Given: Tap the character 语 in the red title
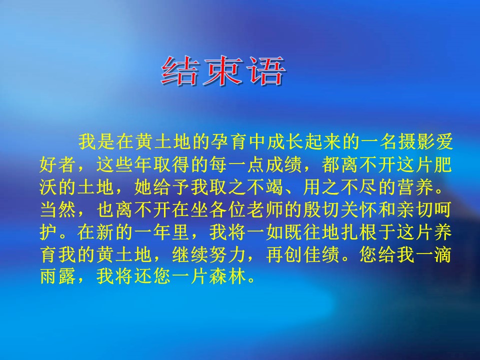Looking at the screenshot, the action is click(266, 71).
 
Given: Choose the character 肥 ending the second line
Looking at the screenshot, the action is click(443, 164).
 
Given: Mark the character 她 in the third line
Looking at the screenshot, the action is click(143, 187).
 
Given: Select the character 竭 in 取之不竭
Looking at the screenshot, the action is click(275, 187).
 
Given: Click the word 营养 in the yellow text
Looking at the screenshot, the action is click(416, 187).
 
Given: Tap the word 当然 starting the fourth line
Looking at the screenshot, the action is click(58, 209).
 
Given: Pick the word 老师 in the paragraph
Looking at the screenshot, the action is click(265, 209).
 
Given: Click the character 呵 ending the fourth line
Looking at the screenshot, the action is click(443, 209).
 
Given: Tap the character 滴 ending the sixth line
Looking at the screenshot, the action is click(443, 254).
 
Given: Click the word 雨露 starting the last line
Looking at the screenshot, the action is click(58, 276).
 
